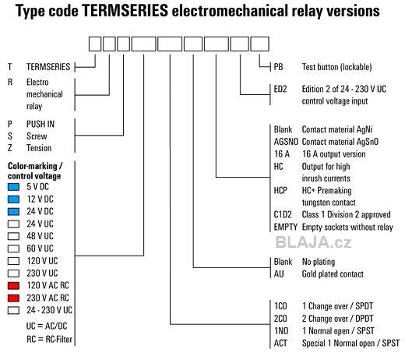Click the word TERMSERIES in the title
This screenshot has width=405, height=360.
pos(125,11)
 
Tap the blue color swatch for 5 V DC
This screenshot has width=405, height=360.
pos(13,187)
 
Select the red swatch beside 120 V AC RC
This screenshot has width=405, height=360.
pos(13,286)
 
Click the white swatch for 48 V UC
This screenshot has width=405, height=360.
pos(13,236)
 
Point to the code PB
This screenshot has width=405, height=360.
pos(278,67)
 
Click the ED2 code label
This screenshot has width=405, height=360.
pos(280,89)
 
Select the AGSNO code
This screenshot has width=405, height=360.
pos(286,142)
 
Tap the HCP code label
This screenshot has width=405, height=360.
pos(280,191)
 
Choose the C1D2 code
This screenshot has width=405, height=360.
pos(283,215)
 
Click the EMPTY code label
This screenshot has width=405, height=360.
pos(286,228)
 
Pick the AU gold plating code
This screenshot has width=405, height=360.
pos(279,274)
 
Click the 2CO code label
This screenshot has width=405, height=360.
pos(280,319)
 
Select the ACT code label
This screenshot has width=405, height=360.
pos(280,344)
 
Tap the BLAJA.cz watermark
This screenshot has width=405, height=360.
pos(313,242)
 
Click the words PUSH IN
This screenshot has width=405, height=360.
pos(40,124)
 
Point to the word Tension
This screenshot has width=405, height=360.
pos(39,148)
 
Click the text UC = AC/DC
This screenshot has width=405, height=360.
pos(47,326)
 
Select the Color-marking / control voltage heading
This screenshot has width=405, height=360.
pos(35,171)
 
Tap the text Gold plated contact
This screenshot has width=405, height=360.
pos(333,274)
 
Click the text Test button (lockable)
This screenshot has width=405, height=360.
pos(336,67)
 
